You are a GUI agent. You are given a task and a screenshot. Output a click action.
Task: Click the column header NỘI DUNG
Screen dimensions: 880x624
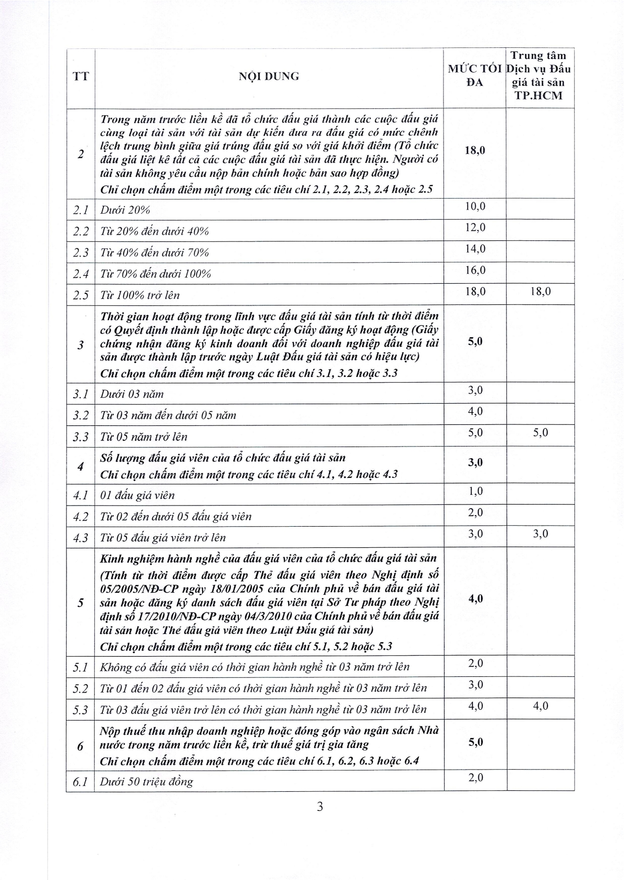coord(269,77)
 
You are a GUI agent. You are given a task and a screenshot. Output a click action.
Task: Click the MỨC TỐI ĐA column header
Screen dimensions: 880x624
coord(474,76)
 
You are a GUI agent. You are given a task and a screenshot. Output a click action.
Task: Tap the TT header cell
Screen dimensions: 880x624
coord(81,77)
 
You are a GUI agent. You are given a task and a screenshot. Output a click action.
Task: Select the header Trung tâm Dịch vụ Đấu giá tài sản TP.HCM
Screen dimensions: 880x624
coord(540,76)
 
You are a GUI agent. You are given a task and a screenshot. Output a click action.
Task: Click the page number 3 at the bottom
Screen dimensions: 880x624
coord(320,807)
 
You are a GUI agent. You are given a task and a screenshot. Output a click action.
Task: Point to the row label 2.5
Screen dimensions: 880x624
coord(81,295)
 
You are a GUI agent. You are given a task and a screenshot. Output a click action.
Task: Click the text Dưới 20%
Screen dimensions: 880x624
coord(125,210)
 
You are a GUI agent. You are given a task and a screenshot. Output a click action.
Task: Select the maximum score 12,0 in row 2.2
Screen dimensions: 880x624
coord(475,228)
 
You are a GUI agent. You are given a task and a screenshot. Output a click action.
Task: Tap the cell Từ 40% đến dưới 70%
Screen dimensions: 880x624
coord(154,253)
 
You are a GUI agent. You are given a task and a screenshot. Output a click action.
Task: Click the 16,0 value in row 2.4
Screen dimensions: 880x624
coord(475,270)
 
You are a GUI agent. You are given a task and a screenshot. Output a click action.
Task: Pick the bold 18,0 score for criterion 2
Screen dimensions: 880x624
coord(475,150)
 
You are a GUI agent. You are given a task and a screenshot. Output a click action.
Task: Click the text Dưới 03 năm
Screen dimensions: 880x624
coord(132,394)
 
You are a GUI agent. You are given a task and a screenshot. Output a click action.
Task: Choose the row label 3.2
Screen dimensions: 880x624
coord(81,415)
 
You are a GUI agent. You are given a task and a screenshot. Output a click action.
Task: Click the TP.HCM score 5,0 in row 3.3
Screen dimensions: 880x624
coord(540,433)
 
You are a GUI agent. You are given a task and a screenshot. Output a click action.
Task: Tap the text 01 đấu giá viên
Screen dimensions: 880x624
coord(138,495)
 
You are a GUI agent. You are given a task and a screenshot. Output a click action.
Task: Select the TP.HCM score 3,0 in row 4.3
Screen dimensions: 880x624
coord(540,534)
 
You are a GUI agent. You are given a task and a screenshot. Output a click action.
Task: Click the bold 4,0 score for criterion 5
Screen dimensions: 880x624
coord(475,599)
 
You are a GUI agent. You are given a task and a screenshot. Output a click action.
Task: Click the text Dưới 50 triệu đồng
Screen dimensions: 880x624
coord(147,782)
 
